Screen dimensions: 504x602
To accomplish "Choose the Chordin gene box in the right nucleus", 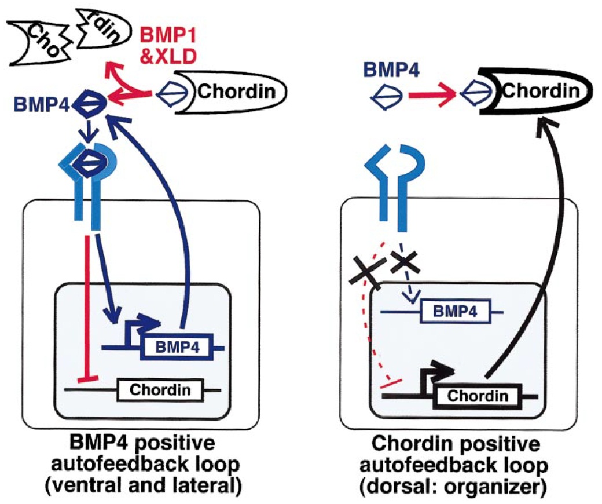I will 478,396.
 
